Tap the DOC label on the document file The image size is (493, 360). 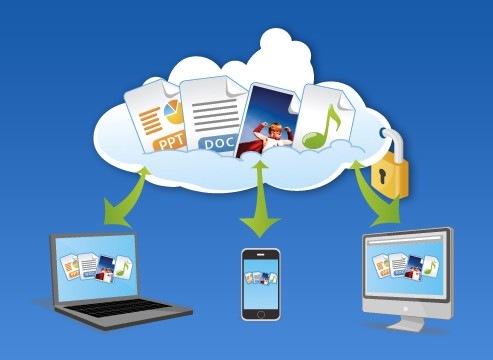[x=219, y=144]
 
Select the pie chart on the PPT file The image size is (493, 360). [x=175, y=111]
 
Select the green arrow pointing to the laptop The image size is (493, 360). [x=127, y=198]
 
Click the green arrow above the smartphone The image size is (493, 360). [x=260, y=199]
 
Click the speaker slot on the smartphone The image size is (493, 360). [x=261, y=254]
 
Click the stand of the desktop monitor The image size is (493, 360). [x=409, y=323]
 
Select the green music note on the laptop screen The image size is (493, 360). [x=123, y=268]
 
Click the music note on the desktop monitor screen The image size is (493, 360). [x=430, y=266]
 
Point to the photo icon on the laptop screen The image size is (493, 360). [x=106, y=269]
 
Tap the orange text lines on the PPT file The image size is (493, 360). [x=150, y=120]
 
